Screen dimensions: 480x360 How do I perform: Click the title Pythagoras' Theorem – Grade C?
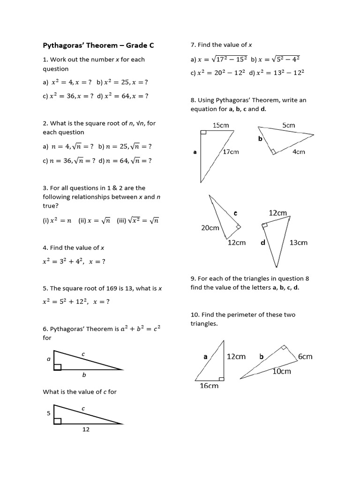pos(98,45)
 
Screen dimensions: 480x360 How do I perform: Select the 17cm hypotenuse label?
pos(231,152)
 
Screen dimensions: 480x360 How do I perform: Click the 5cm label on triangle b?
pos(289,125)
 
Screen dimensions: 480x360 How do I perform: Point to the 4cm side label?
pos(299,152)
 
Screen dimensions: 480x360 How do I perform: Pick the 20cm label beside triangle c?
pos(210,228)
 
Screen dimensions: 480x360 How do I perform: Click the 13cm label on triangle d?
pos(299,242)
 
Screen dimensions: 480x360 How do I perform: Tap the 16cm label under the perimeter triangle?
pos(209,386)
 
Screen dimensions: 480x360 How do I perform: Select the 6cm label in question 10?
pos(305,357)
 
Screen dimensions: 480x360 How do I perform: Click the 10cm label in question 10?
pos(282,371)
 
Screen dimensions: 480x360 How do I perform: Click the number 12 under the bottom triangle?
pos(86,429)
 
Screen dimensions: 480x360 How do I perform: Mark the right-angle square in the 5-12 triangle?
pos(58,421)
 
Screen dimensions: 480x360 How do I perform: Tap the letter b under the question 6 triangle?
pos(84,375)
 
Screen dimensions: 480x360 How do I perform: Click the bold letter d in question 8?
pos(262,242)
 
